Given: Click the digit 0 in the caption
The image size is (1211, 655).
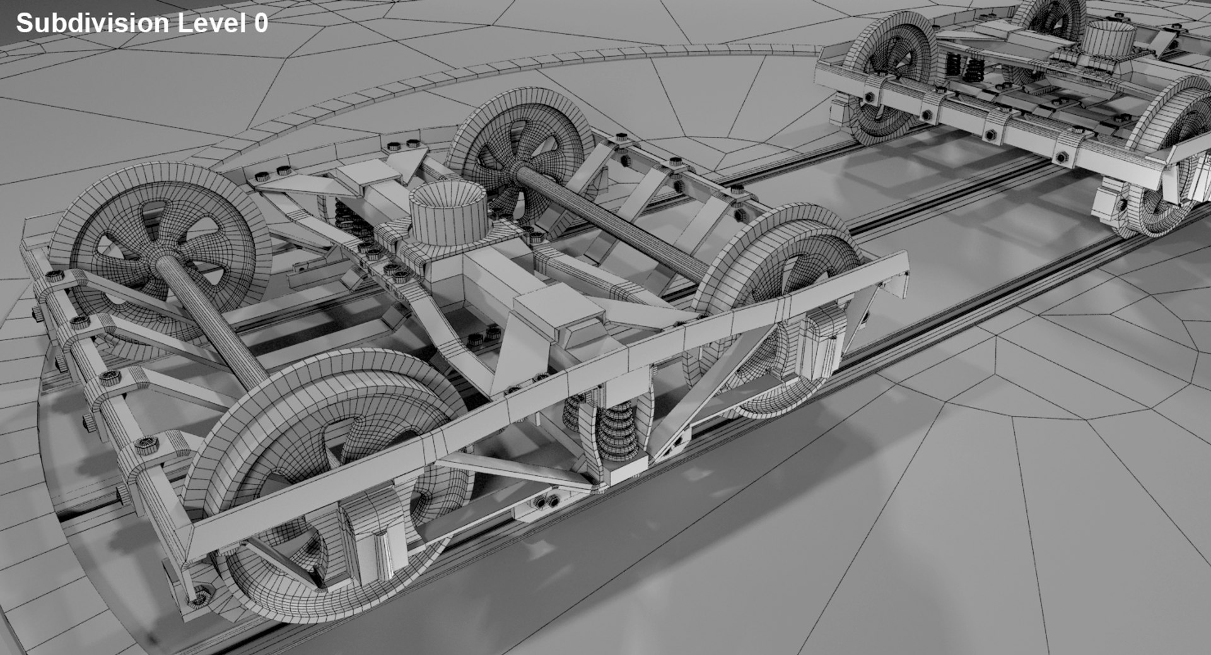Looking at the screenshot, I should (260, 23).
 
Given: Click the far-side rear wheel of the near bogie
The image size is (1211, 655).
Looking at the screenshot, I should (517, 151).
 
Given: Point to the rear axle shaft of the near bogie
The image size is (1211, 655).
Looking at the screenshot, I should (214, 322).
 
